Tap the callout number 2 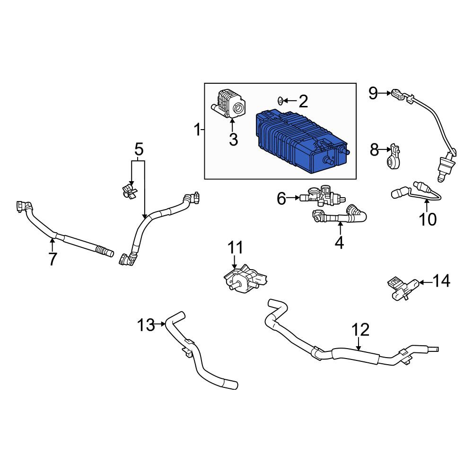(x=303, y=101)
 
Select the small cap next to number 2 (x=280, y=101)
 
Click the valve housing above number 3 (x=229, y=104)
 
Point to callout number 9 (x=373, y=94)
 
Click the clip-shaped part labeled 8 (x=393, y=156)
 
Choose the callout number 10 (x=428, y=219)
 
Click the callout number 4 (x=339, y=243)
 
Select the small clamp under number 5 (x=130, y=191)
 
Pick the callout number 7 (x=53, y=259)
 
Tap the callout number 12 (x=360, y=330)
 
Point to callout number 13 (x=146, y=325)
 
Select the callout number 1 (x=197, y=130)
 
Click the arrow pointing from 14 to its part (x=426, y=282)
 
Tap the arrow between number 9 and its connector (x=385, y=94)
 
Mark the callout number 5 (x=139, y=149)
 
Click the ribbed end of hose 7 (x=105, y=251)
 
